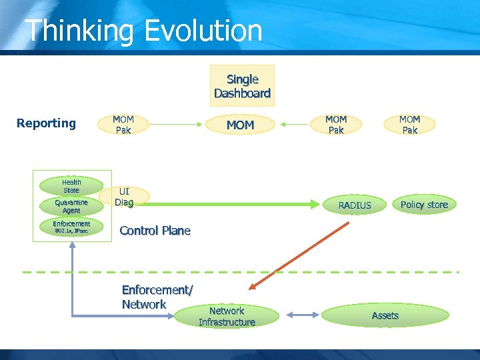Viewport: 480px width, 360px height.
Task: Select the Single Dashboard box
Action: pos(242,86)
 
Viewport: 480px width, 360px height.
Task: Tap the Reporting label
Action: pos(46,123)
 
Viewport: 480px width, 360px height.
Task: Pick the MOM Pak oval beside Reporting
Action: pos(123,125)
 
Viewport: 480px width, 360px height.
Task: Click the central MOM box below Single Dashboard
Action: pos(240,125)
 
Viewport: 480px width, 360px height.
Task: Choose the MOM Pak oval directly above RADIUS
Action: pos(336,125)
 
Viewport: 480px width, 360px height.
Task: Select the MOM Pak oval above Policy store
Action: pos(409,125)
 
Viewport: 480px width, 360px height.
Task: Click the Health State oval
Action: pos(71,186)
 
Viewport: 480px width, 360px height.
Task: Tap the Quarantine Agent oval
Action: pos(71,206)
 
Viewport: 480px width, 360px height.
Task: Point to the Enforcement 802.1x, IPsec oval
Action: pos(71,227)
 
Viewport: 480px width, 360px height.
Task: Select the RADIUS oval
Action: pos(355,205)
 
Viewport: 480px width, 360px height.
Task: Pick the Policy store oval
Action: pos(424,205)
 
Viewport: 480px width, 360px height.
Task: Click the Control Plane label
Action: pos(155,231)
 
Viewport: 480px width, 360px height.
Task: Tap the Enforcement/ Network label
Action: pos(157,297)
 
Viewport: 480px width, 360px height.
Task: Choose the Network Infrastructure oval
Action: pos(227,317)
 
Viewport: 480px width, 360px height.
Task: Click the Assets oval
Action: pos(385,315)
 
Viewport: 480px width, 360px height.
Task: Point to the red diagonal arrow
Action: pos(299,255)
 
